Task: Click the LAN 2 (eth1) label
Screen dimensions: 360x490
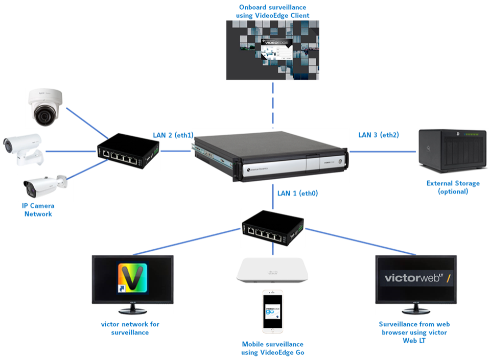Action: (x=173, y=135)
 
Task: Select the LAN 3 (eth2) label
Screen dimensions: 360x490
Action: (x=379, y=135)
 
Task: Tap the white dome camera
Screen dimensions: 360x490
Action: (x=45, y=107)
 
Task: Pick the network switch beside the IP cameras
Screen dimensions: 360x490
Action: (x=128, y=151)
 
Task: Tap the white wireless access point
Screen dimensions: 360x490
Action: (x=272, y=270)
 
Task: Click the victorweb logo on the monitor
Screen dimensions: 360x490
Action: (x=414, y=279)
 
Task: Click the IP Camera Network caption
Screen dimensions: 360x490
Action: (x=38, y=210)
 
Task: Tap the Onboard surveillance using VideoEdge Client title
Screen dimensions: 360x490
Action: (x=273, y=12)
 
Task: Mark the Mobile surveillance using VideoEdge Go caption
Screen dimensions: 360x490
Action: (x=273, y=348)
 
